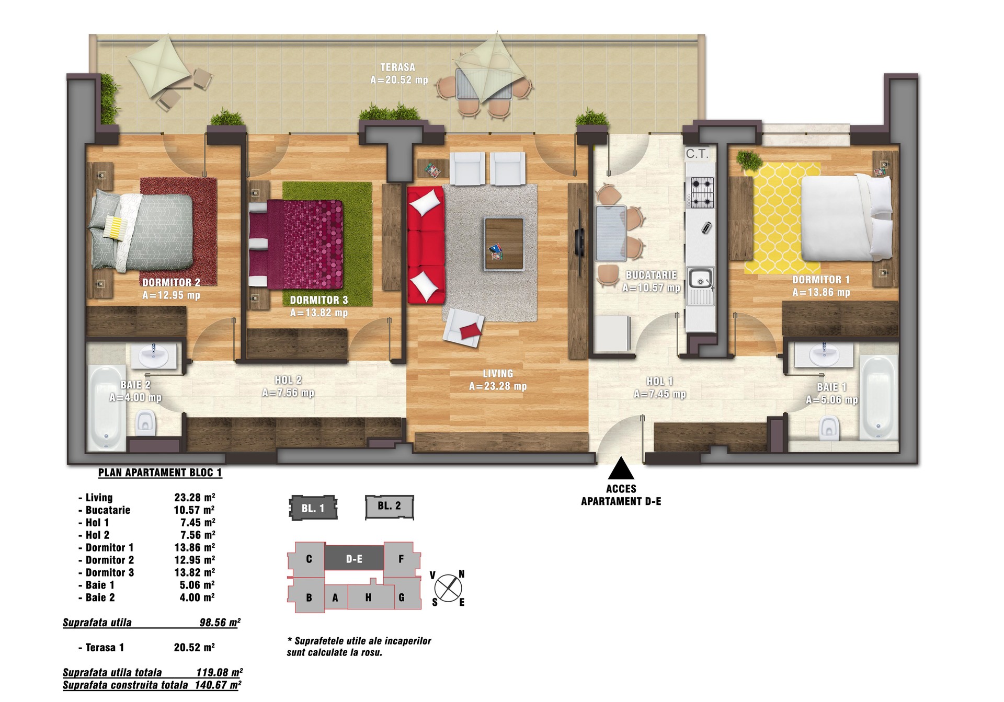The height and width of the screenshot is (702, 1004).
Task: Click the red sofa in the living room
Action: (426, 245)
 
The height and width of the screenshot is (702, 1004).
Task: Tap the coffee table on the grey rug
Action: (504, 244)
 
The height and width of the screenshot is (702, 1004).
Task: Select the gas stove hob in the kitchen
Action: (702, 193)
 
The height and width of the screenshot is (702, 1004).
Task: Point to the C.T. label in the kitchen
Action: (698, 154)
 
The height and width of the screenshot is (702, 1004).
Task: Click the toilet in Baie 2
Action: (145, 422)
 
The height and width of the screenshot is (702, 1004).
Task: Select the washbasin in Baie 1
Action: (824, 355)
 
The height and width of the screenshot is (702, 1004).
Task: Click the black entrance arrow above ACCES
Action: (621, 468)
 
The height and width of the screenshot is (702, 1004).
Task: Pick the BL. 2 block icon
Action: (390, 507)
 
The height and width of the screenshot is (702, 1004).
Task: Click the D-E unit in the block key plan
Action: (354, 558)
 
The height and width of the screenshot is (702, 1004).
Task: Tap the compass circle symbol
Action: (448, 588)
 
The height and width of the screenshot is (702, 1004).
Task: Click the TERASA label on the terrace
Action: (398, 67)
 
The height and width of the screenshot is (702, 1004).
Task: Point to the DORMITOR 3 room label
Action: (319, 300)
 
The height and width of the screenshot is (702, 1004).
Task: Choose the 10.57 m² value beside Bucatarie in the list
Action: (195, 510)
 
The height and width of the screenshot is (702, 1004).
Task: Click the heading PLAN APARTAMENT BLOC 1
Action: (160, 473)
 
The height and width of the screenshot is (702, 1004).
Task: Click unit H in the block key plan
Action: (368, 597)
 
